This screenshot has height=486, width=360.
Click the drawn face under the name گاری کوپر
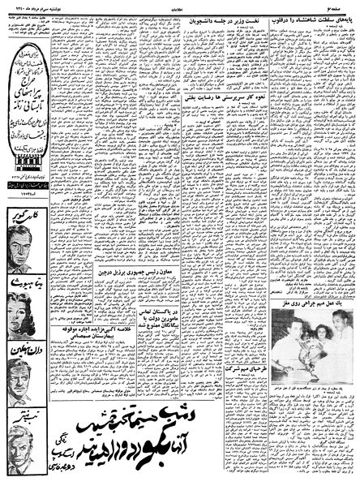(x=22, y=247)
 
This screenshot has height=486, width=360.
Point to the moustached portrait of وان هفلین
(x=23, y=381)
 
